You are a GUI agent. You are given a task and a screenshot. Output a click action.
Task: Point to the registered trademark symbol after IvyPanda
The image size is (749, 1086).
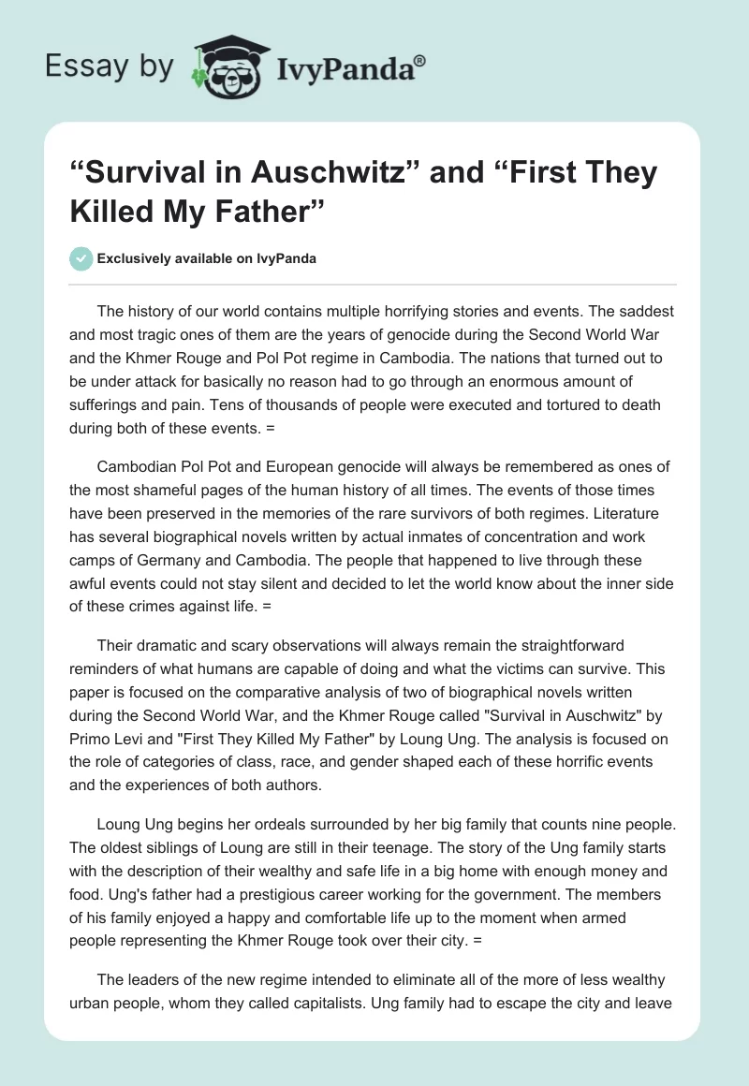coord(419,60)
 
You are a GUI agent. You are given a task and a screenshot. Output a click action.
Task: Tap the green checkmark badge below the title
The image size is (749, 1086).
coord(81,258)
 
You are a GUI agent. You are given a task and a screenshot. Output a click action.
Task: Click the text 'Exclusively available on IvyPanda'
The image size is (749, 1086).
coord(207,259)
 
